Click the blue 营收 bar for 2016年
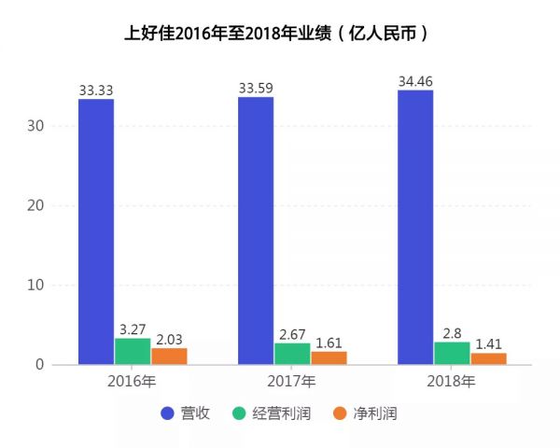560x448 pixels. (96, 231)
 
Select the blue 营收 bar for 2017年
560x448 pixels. (256, 231)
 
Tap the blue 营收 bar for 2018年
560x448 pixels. (415, 227)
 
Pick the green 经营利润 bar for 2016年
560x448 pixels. (133, 351)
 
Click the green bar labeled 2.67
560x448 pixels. (292, 354)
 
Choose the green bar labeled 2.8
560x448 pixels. (452, 353)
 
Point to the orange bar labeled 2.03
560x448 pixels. (169, 356)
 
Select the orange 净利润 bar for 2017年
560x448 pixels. (329, 357)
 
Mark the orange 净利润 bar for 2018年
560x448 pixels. (488, 358)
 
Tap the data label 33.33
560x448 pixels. (96, 91)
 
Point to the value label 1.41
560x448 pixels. (488, 344)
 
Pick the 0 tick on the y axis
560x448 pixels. (38, 364)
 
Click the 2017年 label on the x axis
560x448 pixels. (292, 382)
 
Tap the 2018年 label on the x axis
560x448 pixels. (452, 382)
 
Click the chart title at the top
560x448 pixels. (279, 34)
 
